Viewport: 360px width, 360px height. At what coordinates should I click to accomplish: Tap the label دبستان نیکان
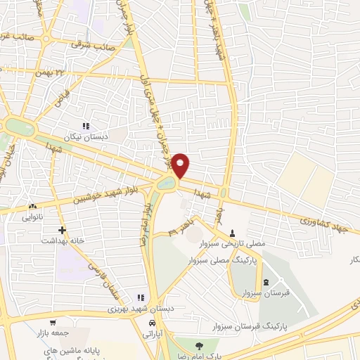[87, 136]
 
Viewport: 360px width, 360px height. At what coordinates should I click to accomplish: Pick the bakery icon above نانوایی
[32, 207]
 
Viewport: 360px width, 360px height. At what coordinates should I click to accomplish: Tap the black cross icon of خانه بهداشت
[63, 230]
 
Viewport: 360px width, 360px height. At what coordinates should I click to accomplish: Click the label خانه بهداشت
[67, 240]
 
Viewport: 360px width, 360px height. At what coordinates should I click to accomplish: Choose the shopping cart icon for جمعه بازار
[53, 323]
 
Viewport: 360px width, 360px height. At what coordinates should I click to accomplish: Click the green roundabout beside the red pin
[167, 184]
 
